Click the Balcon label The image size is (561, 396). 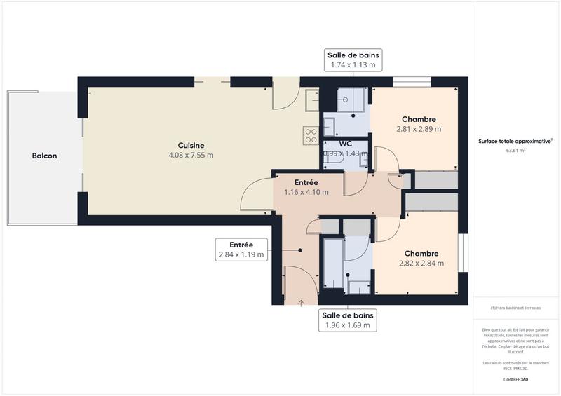[x=44, y=156]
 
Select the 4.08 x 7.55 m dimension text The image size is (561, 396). [x=191, y=155]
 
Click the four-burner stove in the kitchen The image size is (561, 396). [x=310, y=135]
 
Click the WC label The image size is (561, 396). [x=345, y=144]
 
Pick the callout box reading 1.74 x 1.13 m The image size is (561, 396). [x=353, y=60]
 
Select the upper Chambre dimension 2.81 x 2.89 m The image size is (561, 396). [x=419, y=129]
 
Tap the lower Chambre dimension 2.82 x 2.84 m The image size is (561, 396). [x=421, y=264]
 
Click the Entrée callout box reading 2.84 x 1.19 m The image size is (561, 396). [x=241, y=250]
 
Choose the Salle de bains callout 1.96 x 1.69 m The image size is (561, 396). [x=349, y=320]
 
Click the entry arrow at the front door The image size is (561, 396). [x=302, y=303]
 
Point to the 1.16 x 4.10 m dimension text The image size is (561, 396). [x=306, y=192]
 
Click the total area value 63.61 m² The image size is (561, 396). [x=515, y=150]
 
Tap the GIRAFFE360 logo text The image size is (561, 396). [x=515, y=379]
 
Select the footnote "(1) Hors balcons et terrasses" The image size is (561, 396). [x=515, y=308]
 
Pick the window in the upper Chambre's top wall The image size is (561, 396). [x=412, y=82]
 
